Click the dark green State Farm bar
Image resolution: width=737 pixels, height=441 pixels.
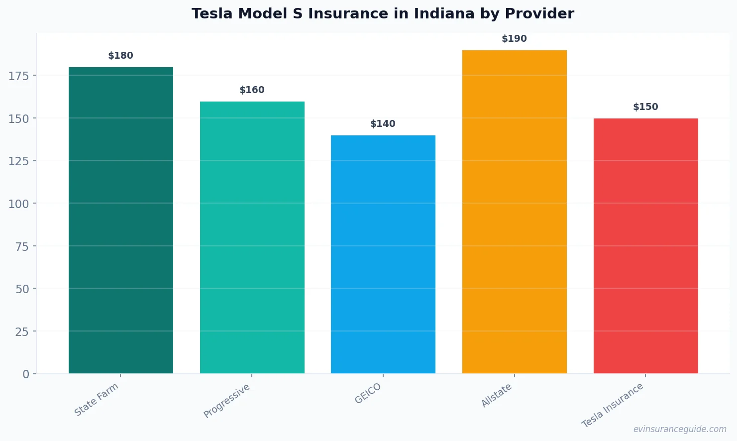[121, 220]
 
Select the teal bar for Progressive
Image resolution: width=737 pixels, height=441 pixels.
[252, 237]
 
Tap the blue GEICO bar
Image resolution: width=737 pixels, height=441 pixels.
[383, 254]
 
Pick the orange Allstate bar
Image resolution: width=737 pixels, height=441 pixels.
[515, 212]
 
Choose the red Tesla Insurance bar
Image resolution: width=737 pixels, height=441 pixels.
[645, 246]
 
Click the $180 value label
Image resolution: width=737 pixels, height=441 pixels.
[121, 56]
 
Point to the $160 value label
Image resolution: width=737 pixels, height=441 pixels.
[252, 90]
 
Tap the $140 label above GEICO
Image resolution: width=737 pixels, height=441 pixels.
[383, 124]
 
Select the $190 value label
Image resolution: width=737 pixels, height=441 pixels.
[515, 39]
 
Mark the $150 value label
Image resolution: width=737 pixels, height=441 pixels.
[645, 107]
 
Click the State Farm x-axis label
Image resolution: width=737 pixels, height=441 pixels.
[97, 400]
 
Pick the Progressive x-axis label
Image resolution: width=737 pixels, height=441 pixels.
[227, 401]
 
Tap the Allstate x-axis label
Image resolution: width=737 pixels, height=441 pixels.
[497, 396]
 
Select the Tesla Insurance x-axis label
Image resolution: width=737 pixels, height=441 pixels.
[613, 405]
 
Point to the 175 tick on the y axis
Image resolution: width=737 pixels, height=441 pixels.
[19, 76]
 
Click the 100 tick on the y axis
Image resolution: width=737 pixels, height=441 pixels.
[19, 204]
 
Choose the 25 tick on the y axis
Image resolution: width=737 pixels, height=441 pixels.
[22, 331]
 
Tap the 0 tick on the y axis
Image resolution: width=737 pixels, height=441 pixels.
[26, 374]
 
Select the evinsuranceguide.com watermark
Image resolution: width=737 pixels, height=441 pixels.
[680, 429]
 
